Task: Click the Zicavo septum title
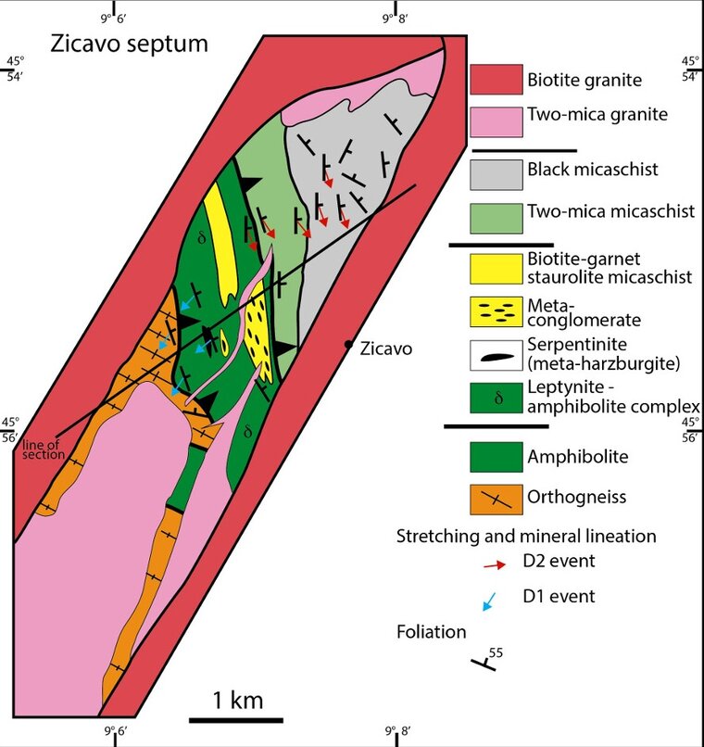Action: point(129,44)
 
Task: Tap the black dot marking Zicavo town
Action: point(348,344)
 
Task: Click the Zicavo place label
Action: point(385,348)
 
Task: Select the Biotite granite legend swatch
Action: point(496,80)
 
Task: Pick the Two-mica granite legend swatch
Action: point(496,122)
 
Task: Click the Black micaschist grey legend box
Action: point(496,175)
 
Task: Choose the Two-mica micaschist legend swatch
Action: point(496,219)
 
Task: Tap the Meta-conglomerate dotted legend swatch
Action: point(496,312)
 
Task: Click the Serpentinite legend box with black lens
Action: point(496,355)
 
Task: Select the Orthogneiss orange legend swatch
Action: point(496,500)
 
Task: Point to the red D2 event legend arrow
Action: point(494,565)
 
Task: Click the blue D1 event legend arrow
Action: point(489,601)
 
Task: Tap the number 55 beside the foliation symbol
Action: point(496,652)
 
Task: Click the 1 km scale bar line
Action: point(236,720)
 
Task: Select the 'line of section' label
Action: point(44,449)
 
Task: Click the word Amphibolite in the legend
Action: point(577,456)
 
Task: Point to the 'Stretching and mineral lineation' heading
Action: point(526,537)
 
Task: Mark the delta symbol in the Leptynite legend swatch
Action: point(498,398)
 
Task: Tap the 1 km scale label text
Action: point(237,701)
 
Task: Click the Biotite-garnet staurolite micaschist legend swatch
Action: point(496,269)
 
